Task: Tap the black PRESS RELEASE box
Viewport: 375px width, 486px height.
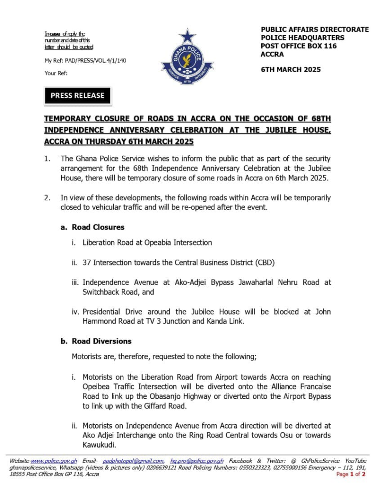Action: tap(77, 95)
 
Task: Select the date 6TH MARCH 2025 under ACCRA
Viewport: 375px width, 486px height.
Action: tap(291, 69)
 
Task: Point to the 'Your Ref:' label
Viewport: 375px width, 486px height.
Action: tap(56, 73)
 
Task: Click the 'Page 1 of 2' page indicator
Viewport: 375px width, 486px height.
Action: tap(350, 474)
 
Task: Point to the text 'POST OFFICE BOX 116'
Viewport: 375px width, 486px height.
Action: tap(299, 46)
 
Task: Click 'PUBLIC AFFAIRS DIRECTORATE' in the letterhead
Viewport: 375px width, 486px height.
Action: tap(314, 29)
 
